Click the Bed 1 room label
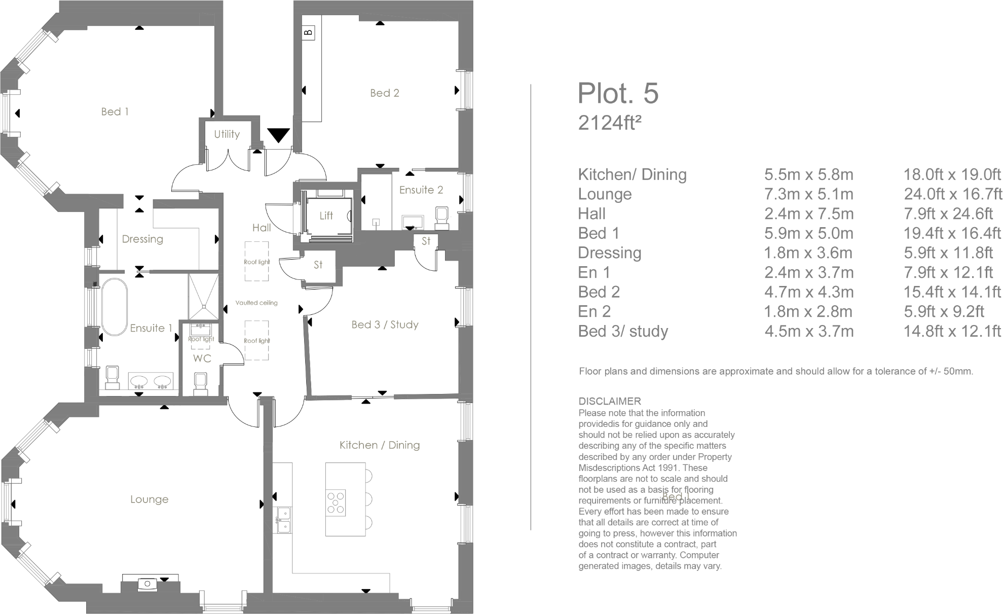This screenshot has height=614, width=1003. coord(115,112)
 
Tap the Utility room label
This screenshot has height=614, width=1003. coord(227,134)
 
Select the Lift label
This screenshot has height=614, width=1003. coord(326,215)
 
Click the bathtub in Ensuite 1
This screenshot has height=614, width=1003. coord(114,306)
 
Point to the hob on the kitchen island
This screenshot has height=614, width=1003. coord(336,502)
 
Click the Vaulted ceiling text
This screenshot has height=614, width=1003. coord(256,303)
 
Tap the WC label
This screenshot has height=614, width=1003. coord(202,358)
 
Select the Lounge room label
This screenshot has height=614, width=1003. coord(149,499)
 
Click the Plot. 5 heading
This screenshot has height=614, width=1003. coord(618,94)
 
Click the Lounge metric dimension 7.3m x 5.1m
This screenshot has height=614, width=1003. coord(809,194)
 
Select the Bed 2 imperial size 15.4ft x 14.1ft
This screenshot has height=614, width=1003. coord(952,292)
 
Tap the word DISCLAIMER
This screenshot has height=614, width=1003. coord(610,401)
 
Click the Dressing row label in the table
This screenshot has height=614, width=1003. coord(609,253)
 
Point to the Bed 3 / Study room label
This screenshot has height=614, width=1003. coord(385,324)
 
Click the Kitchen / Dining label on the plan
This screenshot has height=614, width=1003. coord(380,445)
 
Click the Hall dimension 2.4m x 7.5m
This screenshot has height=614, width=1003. coord(809,214)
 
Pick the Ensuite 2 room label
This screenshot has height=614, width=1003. coord(421,190)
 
